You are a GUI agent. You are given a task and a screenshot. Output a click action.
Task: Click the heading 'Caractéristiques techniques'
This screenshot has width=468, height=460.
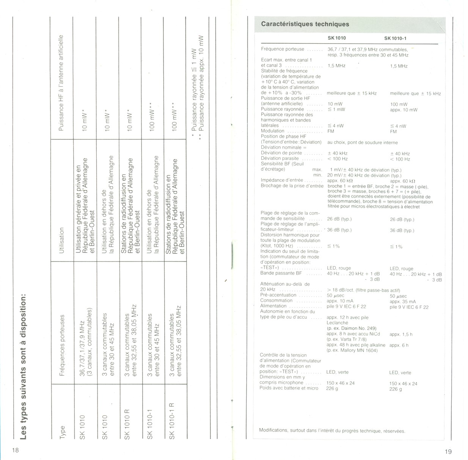point(305,24)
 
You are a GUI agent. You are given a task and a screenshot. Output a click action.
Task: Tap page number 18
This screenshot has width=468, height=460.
point(15,451)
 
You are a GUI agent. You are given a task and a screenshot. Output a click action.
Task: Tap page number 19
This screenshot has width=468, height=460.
point(448,451)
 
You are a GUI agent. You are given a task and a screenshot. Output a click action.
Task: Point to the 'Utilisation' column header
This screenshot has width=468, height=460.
point(62,240)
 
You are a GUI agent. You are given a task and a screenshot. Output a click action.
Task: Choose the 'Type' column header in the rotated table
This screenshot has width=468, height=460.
point(62,432)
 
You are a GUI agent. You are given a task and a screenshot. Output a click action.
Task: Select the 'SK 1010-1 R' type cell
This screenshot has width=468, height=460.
point(172,421)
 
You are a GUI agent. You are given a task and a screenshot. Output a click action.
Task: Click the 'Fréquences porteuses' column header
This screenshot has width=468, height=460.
point(62,345)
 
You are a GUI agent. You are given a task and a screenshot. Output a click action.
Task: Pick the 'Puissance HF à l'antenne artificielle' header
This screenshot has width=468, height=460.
point(61,83)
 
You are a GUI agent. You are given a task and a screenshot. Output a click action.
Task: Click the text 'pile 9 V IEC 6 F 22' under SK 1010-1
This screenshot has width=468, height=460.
point(409,307)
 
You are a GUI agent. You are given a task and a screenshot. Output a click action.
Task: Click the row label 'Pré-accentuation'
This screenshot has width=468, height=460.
point(278,295)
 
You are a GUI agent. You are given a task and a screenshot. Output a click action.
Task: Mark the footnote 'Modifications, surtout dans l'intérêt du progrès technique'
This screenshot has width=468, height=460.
point(332,430)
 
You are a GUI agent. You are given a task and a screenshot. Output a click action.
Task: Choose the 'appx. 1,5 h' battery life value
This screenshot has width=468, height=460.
point(400,335)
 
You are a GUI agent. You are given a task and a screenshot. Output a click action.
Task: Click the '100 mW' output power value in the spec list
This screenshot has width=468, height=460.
point(399,104)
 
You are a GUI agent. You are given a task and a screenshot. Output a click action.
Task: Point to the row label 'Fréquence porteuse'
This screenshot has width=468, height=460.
point(283,49)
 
